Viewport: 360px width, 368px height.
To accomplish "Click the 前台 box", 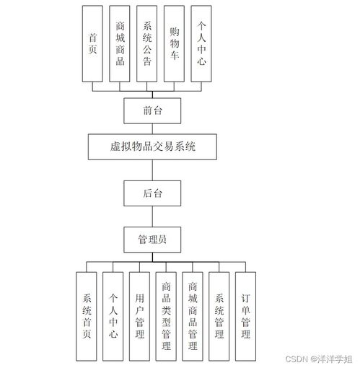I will click(152, 110).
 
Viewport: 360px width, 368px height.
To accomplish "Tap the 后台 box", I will click(152, 193).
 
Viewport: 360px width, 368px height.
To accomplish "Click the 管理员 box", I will click(152, 238).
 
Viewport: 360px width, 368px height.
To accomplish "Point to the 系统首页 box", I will click(87, 316).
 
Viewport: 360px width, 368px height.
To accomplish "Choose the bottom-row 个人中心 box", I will click(113, 316).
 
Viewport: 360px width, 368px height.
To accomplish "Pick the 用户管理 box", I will click(140, 316).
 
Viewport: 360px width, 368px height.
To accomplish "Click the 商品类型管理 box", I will click(166, 316).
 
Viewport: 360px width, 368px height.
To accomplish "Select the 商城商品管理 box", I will click(193, 316).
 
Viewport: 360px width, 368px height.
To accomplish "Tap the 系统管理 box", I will click(219, 316).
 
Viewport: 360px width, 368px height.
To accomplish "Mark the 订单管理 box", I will click(245, 316).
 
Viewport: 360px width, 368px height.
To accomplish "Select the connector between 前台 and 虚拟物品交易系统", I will click(152, 128).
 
